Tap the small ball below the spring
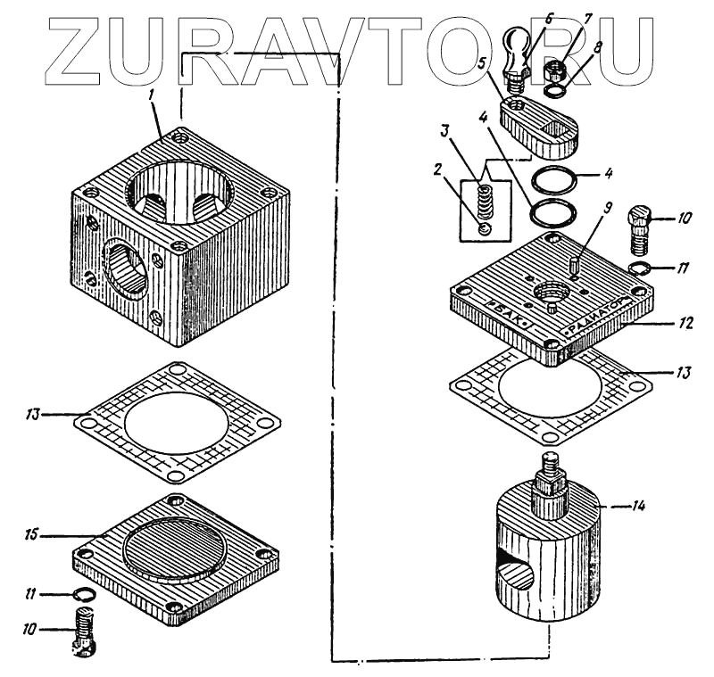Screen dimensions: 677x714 [484, 229]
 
